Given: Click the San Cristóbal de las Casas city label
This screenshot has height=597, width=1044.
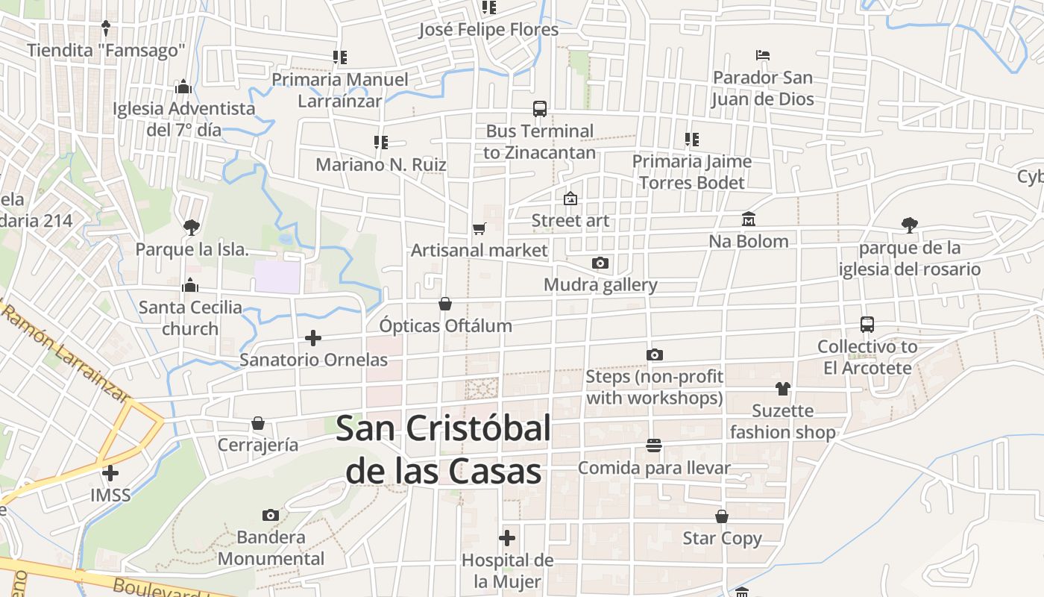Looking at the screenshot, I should coord(444,450).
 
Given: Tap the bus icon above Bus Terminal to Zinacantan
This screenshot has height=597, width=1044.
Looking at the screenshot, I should coord(540,109).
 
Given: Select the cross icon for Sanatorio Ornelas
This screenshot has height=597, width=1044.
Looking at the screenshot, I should coord(313,338).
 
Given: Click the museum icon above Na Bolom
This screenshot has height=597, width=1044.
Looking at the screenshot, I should coord(749,219).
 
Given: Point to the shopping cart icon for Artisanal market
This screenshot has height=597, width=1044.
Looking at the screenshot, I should coord(479,228).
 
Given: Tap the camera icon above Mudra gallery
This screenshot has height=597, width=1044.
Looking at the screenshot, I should coord(600,263).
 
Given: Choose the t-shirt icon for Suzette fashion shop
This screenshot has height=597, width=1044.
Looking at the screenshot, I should coord(782,388).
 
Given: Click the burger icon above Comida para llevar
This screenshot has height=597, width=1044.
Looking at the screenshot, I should coord(654,446).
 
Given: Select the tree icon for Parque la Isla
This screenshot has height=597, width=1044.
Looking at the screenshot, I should coord(192,226).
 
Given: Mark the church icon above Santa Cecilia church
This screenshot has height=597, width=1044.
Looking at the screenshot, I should coord(190,285).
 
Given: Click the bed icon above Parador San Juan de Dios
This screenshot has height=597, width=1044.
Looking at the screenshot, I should coord(762,55).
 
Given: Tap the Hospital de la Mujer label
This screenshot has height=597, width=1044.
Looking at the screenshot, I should coord(507,571).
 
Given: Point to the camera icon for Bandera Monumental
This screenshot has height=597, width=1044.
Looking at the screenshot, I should coord(271,515).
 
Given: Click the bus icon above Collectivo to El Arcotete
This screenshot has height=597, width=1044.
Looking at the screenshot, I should coord(867,325).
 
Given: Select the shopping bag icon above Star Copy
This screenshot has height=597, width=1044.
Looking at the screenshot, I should coord(722,516).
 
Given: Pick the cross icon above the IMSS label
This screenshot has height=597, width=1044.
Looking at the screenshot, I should coord(110,472).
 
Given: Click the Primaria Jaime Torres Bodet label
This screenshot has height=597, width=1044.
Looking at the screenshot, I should coord(691,172).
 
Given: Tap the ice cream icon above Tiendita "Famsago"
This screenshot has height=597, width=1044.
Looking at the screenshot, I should coord(106,28).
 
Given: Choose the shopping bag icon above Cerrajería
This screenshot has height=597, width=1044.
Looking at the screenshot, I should coord(258,423).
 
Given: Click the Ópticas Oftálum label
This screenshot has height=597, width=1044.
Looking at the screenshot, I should coord(445,326).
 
